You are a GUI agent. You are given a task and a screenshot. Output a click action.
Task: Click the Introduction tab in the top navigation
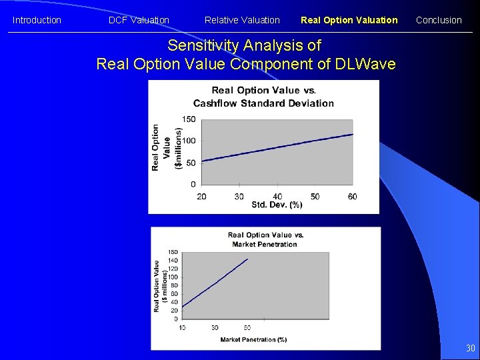pyautogui.click(x=37, y=20)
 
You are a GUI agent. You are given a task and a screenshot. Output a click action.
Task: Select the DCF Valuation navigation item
pyautogui.click(x=139, y=20)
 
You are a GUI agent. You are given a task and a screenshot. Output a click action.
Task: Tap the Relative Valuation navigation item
pyautogui.click(x=242, y=20)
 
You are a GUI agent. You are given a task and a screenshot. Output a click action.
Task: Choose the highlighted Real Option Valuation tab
pyautogui.click(x=349, y=20)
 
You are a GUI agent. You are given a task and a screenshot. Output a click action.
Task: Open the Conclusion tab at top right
pyautogui.click(x=439, y=20)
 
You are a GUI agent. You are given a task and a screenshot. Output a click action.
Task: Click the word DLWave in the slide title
pyautogui.click(x=367, y=64)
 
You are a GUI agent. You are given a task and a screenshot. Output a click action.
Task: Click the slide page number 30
pyautogui.click(x=471, y=348)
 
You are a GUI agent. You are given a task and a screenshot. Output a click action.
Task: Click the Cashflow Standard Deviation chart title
pyautogui.click(x=263, y=97)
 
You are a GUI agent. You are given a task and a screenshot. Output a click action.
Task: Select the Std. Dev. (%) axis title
pyautogui.click(x=277, y=205)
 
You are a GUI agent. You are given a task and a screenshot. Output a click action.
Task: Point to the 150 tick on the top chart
pyautogui.click(x=189, y=119)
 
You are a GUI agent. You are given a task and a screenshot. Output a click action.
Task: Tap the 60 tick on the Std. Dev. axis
pyautogui.click(x=352, y=196)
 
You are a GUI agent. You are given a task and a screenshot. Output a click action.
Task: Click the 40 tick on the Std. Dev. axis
pyautogui.click(x=277, y=196)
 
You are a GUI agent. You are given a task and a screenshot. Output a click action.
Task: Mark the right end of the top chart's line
pyautogui.click(x=353, y=134)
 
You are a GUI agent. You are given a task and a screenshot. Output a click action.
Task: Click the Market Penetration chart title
pyautogui.click(x=265, y=239)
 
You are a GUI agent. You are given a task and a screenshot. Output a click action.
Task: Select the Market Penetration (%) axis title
pyautogui.click(x=253, y=339)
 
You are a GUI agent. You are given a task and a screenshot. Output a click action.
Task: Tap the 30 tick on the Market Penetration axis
pyautogui.click(x=215, y=327)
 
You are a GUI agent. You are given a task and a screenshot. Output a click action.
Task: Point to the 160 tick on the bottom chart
pyautogui.click(x=173, y=252)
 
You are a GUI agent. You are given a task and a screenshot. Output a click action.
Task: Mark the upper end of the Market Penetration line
pyautogui.click(x=247, y=259)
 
